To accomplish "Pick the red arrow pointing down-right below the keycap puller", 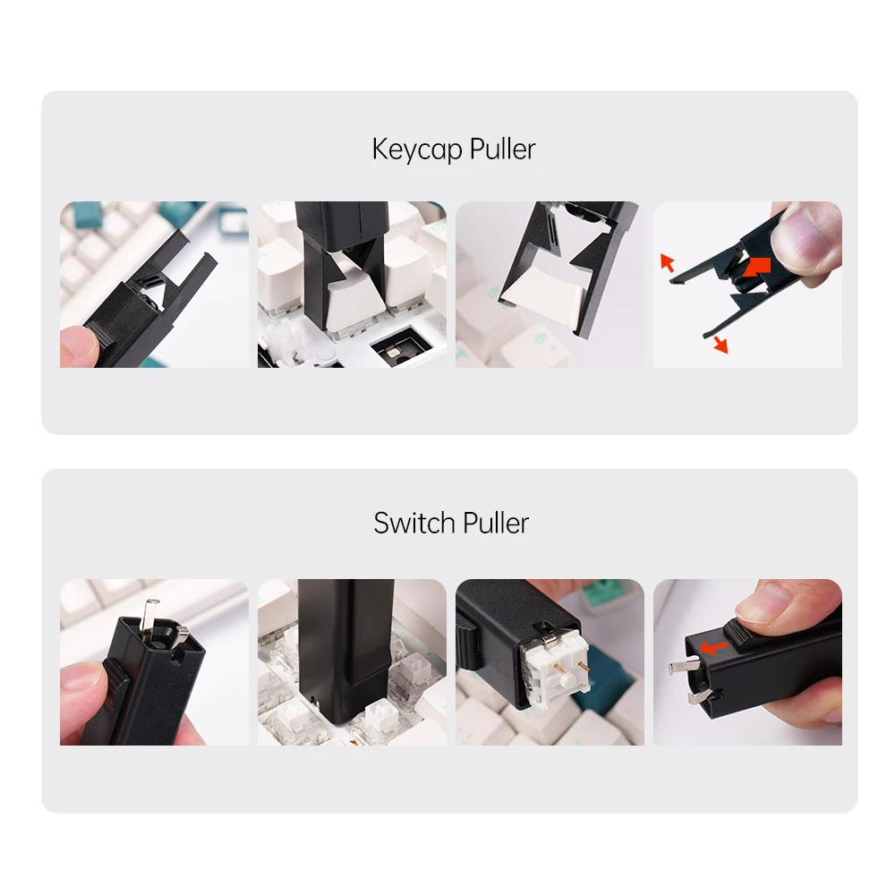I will (x=720, y=344).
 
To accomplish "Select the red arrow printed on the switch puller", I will (x=713, y=646).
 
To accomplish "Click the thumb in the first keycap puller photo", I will (x=79, y=345).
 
